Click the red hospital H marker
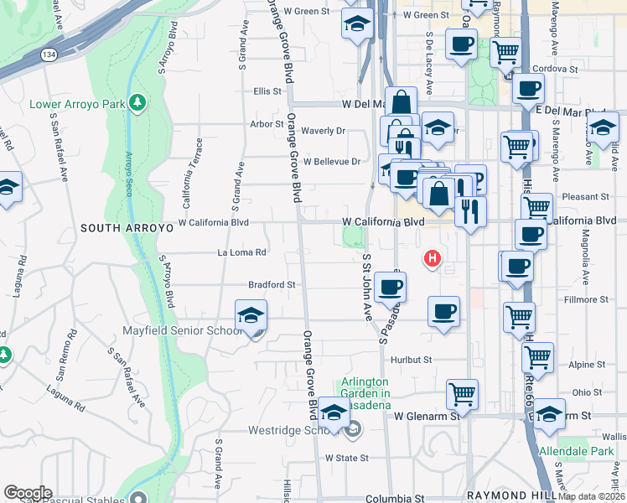[x=432, y=259]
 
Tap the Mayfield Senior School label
[x=184, y=331]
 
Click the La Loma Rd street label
[x=241, y=252]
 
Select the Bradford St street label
[x=272, y=285]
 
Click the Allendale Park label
[x=576, y=451]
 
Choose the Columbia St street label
[x=394, y=498]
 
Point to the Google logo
[x=27, y=493]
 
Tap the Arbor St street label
[x=268, y=124]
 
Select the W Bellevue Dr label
[x=332, y=162]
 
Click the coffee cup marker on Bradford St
[x=390, y=288]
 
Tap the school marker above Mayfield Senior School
[x=250, y=315]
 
